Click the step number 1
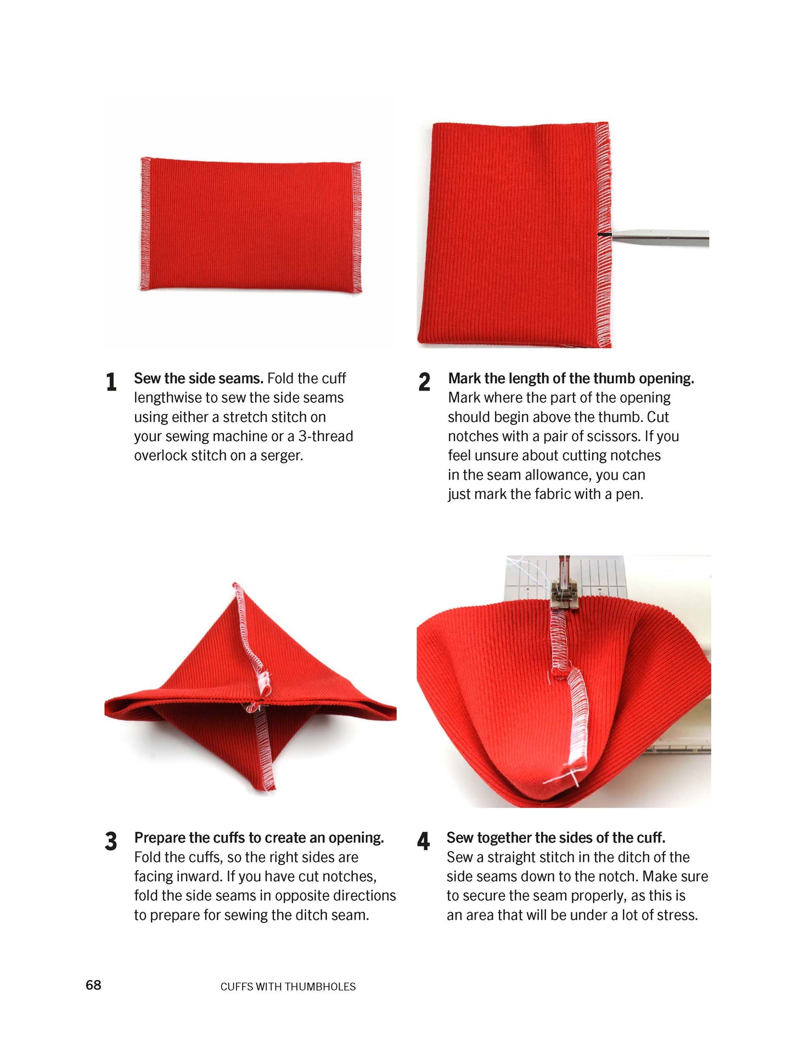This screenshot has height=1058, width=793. (111, 381)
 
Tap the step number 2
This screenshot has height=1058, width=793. (424, 381)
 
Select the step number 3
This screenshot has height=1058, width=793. (111, 841)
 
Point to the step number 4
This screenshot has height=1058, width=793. (423, 841)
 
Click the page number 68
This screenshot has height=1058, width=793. (93, 985)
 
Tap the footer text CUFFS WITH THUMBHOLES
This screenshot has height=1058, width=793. (288, 987)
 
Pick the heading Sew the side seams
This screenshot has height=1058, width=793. (199, 378)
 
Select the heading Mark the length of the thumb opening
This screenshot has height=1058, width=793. (571, 378)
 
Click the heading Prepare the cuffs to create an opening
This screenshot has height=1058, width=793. (259, 838)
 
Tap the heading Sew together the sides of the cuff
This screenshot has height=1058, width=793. (556, 838)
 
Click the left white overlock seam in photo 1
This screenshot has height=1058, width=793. (145, 224)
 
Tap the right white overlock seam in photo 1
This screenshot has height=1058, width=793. (356, 226)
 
